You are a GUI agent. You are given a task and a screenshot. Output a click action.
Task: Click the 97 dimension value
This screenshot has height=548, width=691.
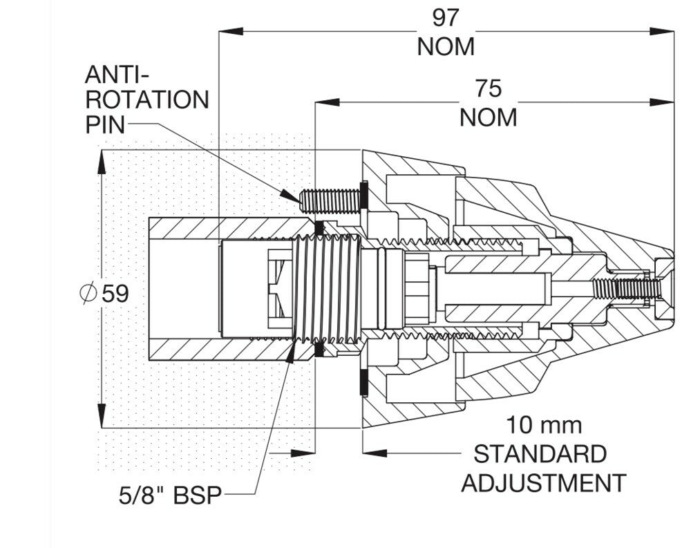coord(446,18)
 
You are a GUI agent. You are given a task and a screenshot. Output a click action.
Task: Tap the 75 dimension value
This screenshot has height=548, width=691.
coord(488,88)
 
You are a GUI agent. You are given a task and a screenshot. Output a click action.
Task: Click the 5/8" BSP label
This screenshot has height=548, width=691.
coord(170,495)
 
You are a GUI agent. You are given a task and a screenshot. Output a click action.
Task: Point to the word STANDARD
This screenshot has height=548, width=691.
coord(540,453)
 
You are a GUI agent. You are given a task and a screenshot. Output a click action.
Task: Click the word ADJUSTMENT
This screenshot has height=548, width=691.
coord(543,483)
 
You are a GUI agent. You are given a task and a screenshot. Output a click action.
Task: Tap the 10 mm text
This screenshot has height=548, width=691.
coord(543,425)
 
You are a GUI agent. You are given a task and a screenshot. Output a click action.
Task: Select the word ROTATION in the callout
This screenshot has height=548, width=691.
coord(146,100)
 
